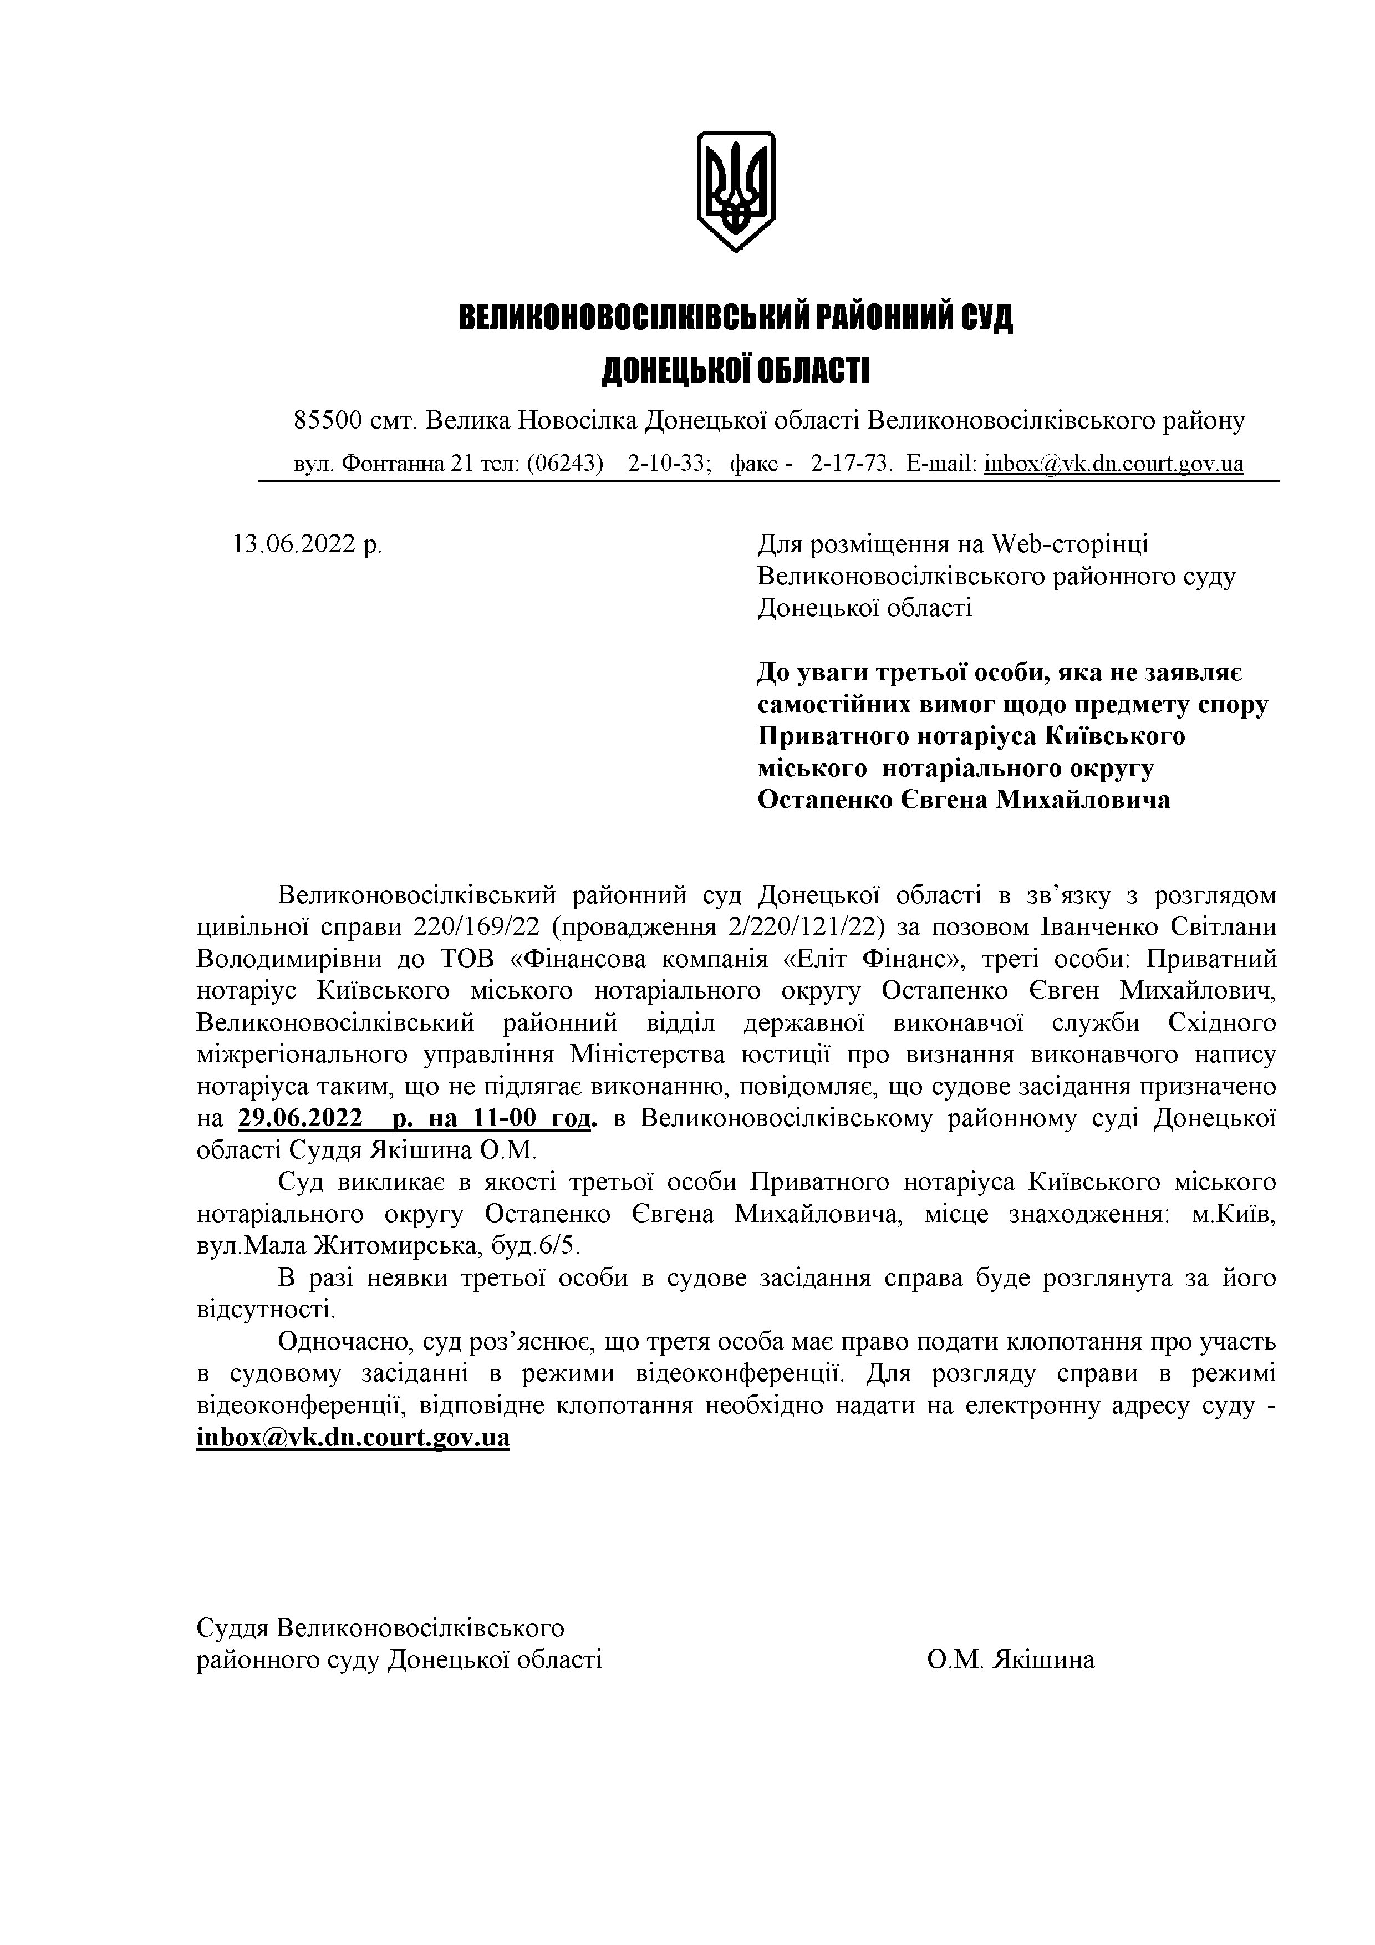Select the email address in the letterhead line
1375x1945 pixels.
coord(1113,464)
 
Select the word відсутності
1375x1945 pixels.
coord(266,1311)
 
